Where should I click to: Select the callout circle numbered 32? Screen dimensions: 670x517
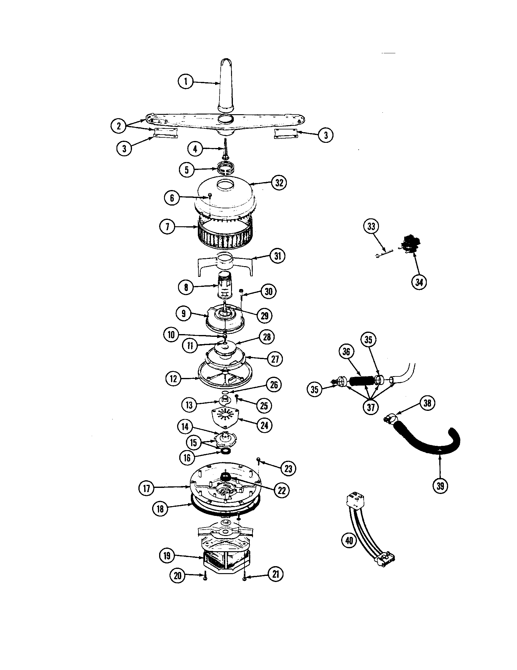(x=279, y=182)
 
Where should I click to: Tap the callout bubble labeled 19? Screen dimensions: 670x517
(x=167, y=555)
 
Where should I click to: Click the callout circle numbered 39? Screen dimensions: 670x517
(x=440, y=486)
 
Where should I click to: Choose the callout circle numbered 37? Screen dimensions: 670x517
(x=371, y=407)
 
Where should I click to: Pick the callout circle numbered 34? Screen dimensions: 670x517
(x=419, y=282)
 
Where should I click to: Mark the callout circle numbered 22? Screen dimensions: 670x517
(x=282, y=491)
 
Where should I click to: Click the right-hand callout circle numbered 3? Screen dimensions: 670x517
(x=326, y=135)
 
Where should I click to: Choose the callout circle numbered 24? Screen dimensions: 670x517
(x=264, y=425)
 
